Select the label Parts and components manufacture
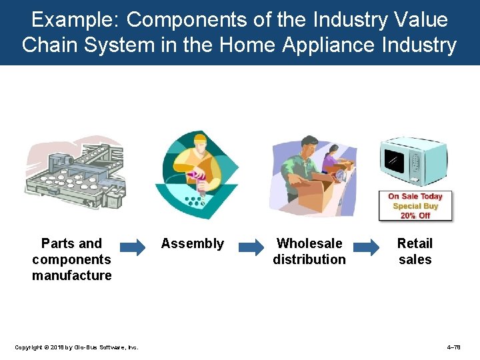click(x=72, y=259)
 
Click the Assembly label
click(x=193, y=243)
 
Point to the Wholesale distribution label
click(x=309, y=251)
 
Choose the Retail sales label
click(x=415, y=251)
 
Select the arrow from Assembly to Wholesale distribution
click(x=251, y=247)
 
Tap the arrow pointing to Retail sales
click(x=366, y=247)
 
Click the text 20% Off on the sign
click(x=415, y=215)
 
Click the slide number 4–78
click(x=453, y=347)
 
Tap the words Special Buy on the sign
click(x=415, y=206)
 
